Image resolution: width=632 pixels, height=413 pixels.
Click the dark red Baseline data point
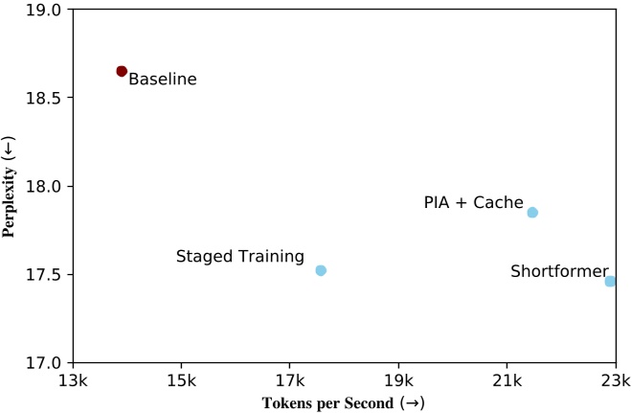[122, 71]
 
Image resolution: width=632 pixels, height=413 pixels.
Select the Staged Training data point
[321, 270]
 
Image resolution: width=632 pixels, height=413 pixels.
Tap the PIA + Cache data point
[532, 213]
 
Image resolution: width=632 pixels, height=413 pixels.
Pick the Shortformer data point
[610, 281]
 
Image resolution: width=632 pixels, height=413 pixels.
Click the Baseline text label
[162, 80]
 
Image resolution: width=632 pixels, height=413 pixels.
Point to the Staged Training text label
[240, 257]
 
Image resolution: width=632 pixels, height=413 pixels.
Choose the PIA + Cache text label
[473, 203]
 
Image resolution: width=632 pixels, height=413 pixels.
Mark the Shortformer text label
[559, 272]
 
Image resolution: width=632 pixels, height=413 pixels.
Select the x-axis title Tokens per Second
[343, 403]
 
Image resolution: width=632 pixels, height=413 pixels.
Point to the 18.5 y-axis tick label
[44, 98]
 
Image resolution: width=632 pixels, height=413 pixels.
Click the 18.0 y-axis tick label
[44, 186]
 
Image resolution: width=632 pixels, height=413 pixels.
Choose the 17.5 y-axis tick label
[44, 275]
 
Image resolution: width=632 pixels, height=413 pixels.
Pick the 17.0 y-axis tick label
[44, 363]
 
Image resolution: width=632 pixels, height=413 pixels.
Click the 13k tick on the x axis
[74, 380]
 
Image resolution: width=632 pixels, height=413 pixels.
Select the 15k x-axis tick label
[182, 380]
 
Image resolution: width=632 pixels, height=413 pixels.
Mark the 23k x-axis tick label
[615, 380]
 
